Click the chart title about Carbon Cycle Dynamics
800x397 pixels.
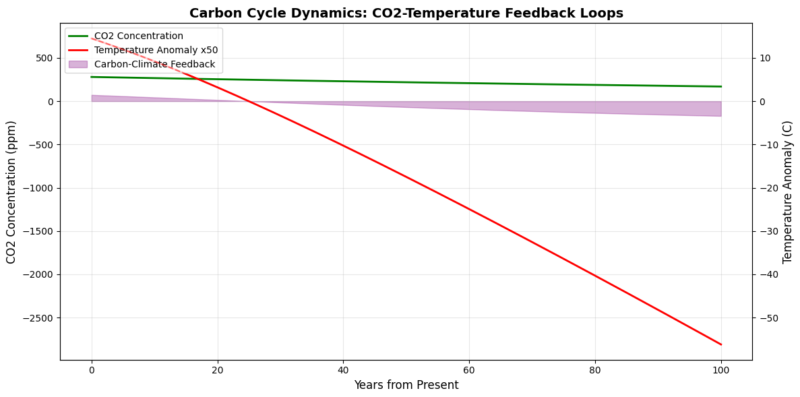coord(406,13)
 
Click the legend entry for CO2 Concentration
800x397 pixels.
coord(138,36)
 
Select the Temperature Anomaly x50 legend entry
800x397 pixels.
coord(156,51)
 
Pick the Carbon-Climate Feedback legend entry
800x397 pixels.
coord(154,65)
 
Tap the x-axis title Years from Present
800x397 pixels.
coord(406,386)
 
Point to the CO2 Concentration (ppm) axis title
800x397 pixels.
coord(11,192)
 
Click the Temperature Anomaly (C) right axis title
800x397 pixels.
coord(788,192)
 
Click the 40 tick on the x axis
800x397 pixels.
coord(343,369)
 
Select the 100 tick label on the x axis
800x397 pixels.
coord(720,369)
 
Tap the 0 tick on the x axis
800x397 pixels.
coord(92,369)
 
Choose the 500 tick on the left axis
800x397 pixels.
coord(44,59)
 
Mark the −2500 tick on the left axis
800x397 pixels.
coord(36,318)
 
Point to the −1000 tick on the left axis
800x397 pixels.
coord(36,188)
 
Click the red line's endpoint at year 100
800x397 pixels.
coord(720,344)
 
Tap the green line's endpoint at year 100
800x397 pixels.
coord(720,86)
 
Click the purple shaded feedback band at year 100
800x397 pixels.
coord(719,109)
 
